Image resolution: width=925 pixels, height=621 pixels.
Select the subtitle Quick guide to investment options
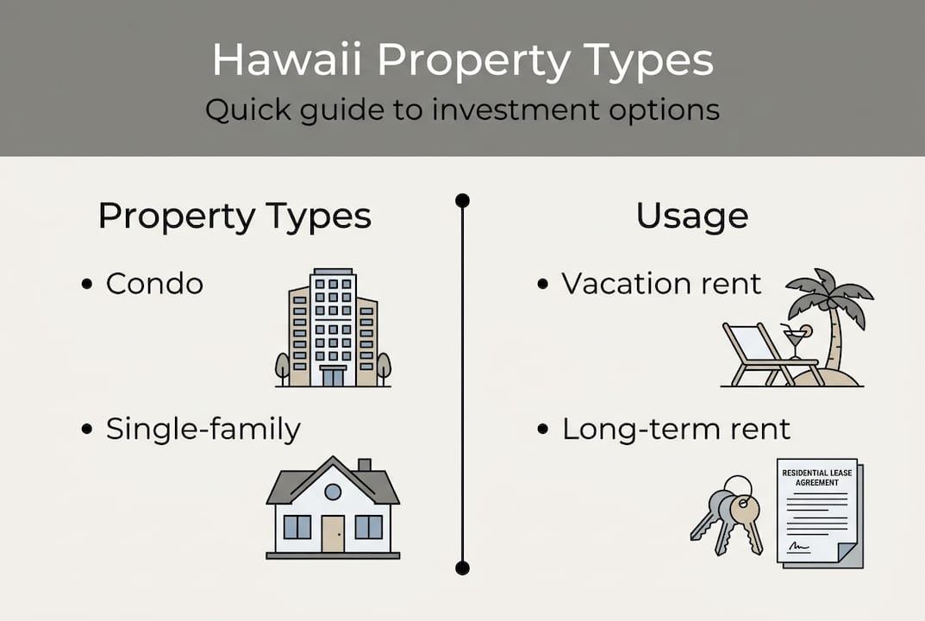point(462,111)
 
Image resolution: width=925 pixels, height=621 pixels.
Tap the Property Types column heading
point(234,216)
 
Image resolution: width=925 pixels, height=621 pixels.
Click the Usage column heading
point(691,216)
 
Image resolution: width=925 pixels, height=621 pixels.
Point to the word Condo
point(154,284)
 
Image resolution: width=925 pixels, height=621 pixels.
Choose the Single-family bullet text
point(203,430)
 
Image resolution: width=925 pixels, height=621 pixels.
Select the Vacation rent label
point(661,284)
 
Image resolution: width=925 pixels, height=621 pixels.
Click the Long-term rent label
point(676,430)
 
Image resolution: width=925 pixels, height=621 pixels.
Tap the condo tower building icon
point(333,328)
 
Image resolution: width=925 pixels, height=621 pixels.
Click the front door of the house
point(333,533)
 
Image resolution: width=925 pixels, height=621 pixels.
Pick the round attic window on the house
point(333,492)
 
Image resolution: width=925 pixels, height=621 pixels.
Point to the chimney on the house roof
point(364,467)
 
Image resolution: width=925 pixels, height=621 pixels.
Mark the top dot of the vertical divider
point(462,201)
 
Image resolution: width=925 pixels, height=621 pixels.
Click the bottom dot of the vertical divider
point(462,568)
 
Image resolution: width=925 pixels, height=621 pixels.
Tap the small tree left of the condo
point(283,367)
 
